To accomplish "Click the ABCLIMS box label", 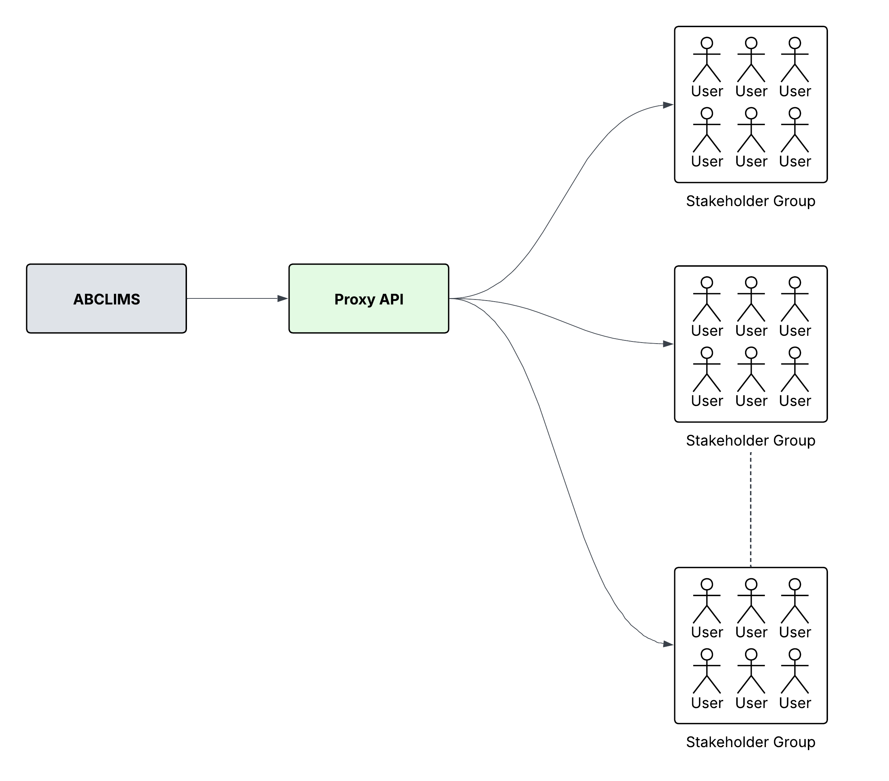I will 107,299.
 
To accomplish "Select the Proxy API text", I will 369,299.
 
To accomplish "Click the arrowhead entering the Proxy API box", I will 283,298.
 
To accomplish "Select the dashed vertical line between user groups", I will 751,509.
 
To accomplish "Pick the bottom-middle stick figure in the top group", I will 751,131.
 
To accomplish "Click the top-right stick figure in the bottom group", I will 794,601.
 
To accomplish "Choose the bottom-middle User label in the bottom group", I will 751,703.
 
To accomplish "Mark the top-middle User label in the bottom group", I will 751,632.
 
